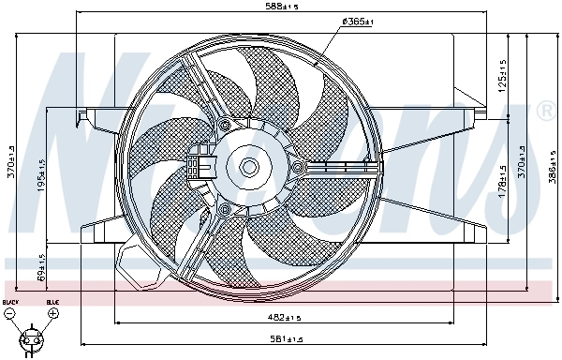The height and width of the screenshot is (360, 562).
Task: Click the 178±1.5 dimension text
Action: point(502,187)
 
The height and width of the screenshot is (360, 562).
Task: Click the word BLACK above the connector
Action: point(10,302)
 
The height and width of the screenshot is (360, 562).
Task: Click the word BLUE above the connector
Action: point(52,302)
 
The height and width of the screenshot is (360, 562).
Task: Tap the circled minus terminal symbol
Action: point(10,314)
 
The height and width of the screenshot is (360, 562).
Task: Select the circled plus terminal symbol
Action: point(52,314)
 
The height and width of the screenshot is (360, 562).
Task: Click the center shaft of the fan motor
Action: point(249,166)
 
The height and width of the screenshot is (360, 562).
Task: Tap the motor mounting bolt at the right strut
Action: point(298,168)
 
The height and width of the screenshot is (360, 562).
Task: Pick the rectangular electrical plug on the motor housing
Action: point(200,167)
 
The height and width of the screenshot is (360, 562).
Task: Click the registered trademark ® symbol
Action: point(546,112)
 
